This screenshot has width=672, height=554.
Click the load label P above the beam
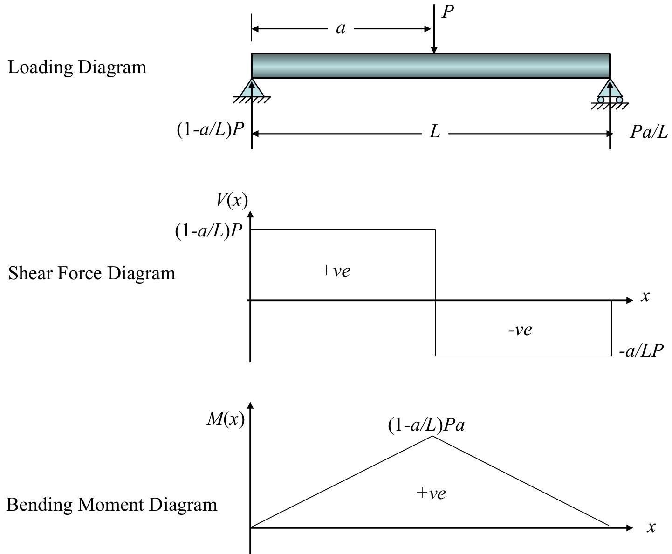coord(448,12)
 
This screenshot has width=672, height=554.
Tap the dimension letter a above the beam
coord(341,29)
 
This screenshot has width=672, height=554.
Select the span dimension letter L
coord(434,132)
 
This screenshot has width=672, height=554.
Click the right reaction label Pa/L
coord(648,132)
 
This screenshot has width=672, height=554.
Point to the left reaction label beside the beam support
coord(211,129)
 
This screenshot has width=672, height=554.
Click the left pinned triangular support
coord(252,89)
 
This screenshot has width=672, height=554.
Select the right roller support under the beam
coord(610,92)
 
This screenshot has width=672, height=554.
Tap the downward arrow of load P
coord(434,33)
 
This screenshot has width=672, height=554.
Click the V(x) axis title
coord(232,200)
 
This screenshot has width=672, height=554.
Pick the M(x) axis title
coord(226,419)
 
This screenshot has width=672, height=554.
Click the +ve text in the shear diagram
coord(336,270)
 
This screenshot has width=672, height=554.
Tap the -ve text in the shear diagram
coord(520,330)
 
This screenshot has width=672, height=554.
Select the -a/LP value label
coord(641,351)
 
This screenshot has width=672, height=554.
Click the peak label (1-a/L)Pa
coord(426,425)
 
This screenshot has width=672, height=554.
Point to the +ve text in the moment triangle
coord(431,493)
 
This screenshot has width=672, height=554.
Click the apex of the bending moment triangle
coord(433,436)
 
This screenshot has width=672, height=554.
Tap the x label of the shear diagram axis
coord(645,296)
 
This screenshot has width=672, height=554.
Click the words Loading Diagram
coord(77,68)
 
